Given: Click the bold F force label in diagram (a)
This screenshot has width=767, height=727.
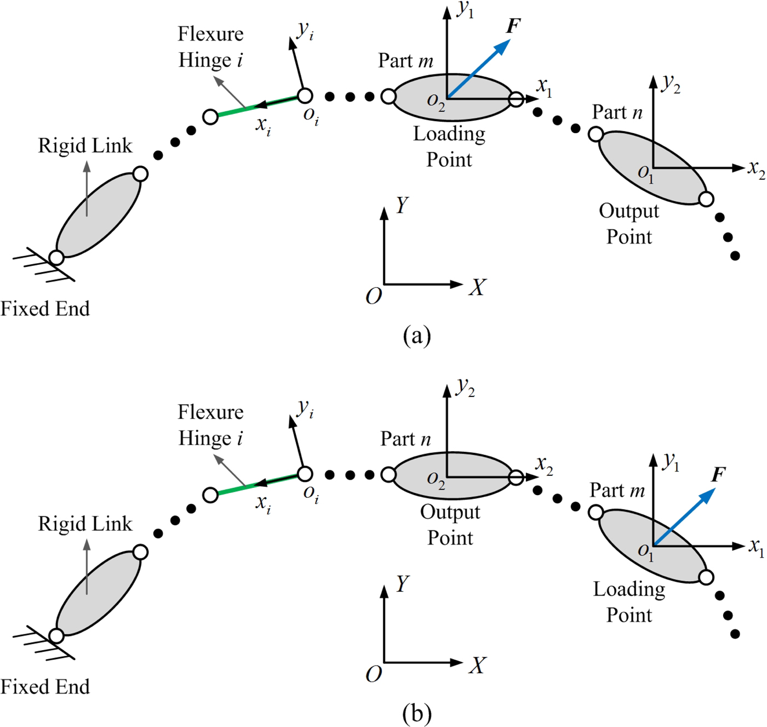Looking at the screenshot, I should click(x=513, y=26).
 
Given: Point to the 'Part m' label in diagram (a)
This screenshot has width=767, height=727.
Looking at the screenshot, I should click(x=405, y=60).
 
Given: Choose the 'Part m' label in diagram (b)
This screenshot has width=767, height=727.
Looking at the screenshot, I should click(x=617, y=490).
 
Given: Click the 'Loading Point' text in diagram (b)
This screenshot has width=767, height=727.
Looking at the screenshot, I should click(x=629, y=602).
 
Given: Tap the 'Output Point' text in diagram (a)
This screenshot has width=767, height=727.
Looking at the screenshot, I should click(x=629, y=224).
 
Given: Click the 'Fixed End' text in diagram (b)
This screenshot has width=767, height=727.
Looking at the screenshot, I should click(x=45, y=687).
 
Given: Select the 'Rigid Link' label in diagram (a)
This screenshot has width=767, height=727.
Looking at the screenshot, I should click(x=85, y=146).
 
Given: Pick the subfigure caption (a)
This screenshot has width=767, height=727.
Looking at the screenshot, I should click(x=416, y=335).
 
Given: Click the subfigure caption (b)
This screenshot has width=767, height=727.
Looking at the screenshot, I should click(x=416, y=713).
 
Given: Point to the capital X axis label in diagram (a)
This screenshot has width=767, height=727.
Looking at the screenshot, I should click(x=477, y=287).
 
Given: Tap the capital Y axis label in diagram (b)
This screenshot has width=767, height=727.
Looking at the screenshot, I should click(x=402, y=583).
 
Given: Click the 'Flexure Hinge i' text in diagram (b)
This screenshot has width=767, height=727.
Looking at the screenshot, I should click(x=210, y=425).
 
